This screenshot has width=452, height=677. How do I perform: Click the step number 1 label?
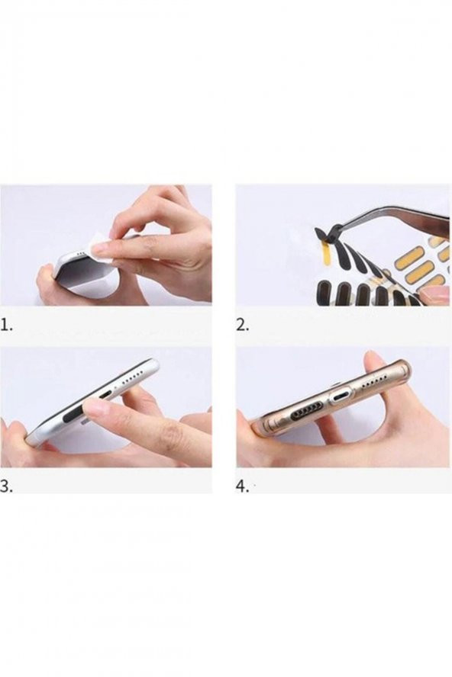6,325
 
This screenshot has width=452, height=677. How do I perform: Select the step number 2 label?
243,325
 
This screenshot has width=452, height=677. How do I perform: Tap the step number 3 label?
6,486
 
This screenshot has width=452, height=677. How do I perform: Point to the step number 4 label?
242,486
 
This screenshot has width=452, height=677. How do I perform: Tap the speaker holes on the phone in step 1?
80,255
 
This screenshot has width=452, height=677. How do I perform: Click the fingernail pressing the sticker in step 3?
97,406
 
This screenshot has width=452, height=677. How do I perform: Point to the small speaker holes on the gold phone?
375,382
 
